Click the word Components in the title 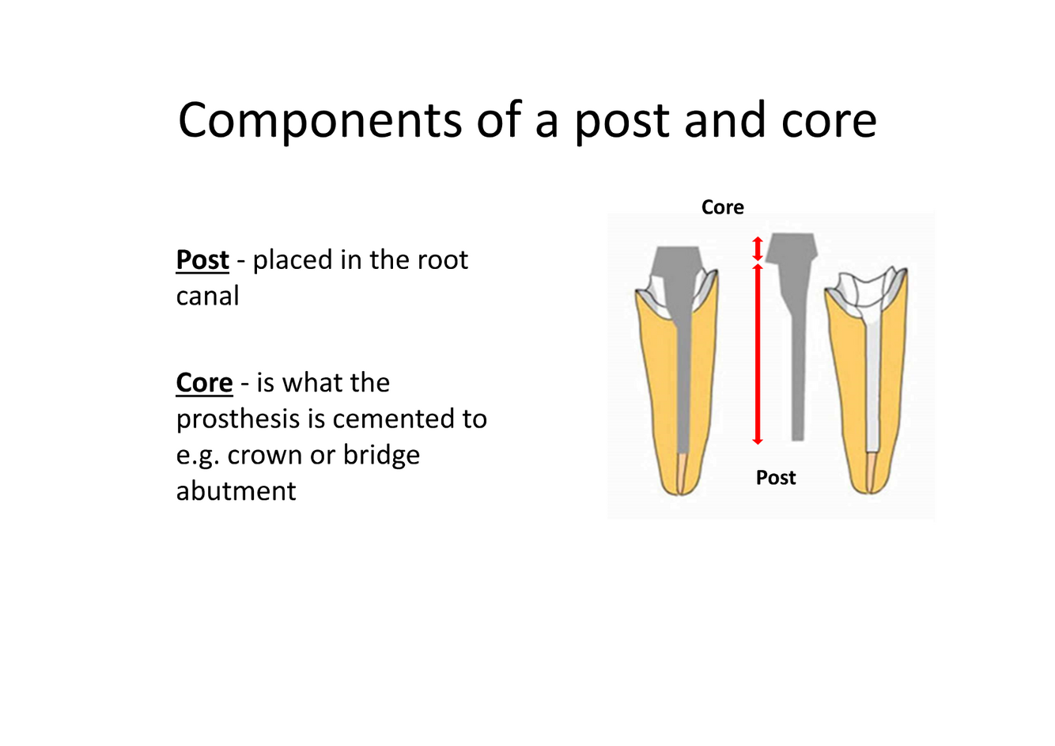point(320,121)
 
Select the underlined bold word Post point(202,260)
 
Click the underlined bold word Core point(204,383)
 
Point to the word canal point(207,297)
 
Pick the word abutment point(236,491)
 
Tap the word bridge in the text point(381,456)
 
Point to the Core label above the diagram point(722,207)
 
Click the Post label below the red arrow point(775,478)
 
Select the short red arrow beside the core point(757,248)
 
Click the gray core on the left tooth point(677,273)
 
